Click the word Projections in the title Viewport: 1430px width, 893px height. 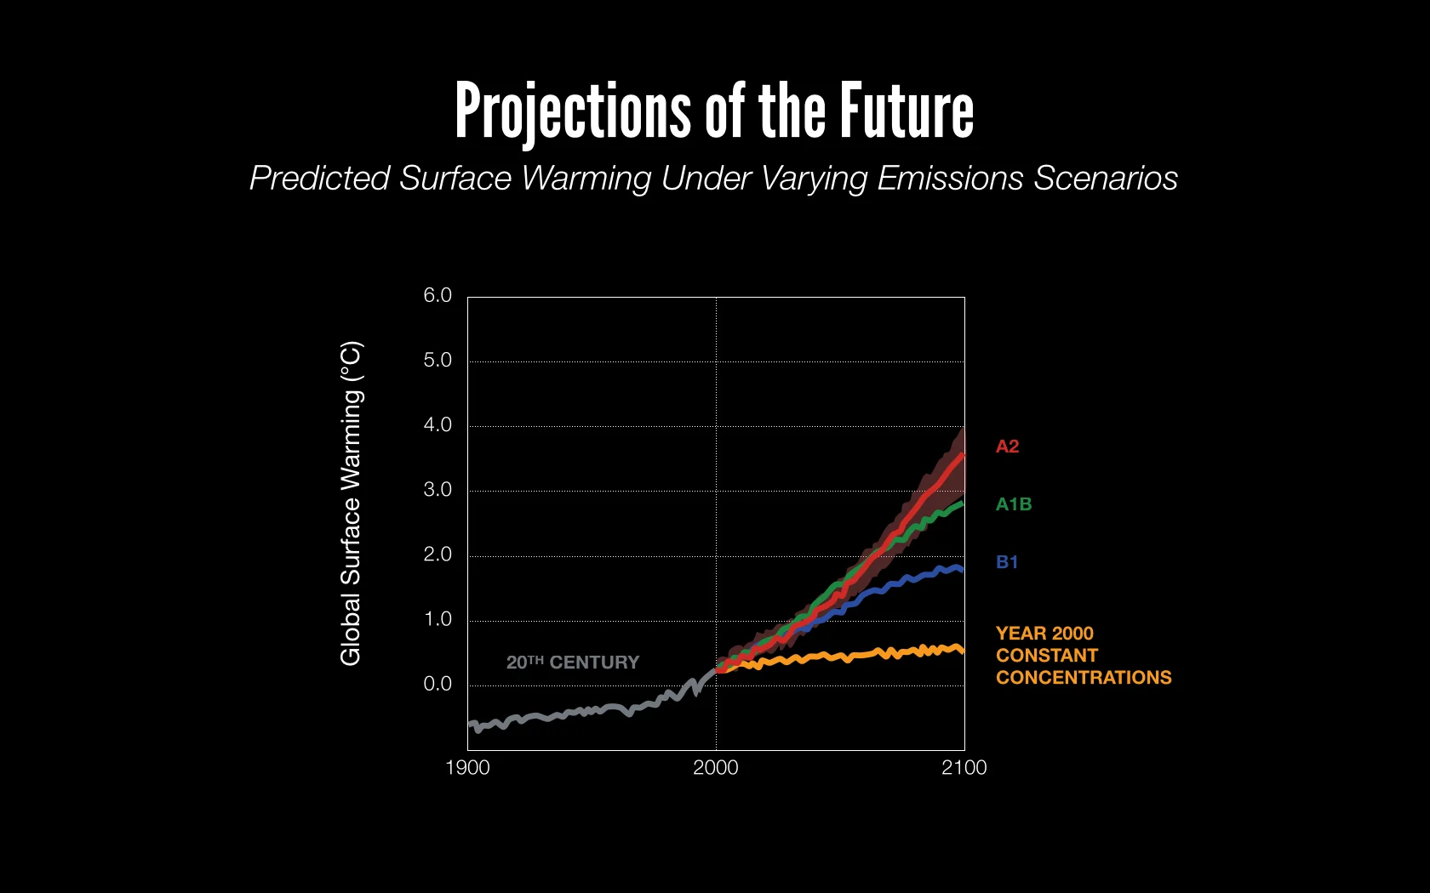click(x=572, y=112)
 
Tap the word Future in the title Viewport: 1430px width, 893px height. click(x=907, y=111)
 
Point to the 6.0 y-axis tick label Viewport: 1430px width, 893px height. click(x=438, y=295)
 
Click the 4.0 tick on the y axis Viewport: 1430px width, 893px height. click(x=438, y=424)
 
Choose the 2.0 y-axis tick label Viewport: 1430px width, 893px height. click(x=438, y=555)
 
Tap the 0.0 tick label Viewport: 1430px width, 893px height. click(x=438, y=684)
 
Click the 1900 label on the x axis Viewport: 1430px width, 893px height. click(x=467, y=768)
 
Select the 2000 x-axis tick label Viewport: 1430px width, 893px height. click(x=715, y=768)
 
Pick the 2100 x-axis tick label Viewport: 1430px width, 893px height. click(x=964, y=768)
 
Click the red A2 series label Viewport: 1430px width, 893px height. click(x=1007, y=446)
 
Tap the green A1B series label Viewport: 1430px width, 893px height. click(x=1014, y=504)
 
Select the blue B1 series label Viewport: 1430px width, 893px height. click(x=1007, y=562)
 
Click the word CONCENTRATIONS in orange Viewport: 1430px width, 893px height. click(x=1084, y=678)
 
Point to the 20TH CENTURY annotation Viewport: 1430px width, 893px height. click(x=572, y=663)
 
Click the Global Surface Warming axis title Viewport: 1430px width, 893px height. click(x=351, y=503)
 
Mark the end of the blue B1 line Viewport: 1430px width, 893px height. click(x=963, y=570)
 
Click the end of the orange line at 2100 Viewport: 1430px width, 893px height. click(x=963, y=651)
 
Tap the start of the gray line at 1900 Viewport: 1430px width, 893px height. click(x=470, y=725)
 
